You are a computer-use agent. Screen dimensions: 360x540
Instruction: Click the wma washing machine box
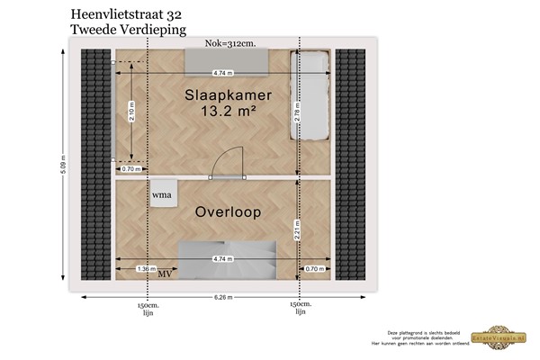click(x=162, y=193)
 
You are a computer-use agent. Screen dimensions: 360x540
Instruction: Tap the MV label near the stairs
click(x=165, y=274)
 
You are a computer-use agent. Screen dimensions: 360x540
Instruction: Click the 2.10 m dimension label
click(x=132, y=110)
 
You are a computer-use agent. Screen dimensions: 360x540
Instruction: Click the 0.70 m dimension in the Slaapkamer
click(x=128, y=168)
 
